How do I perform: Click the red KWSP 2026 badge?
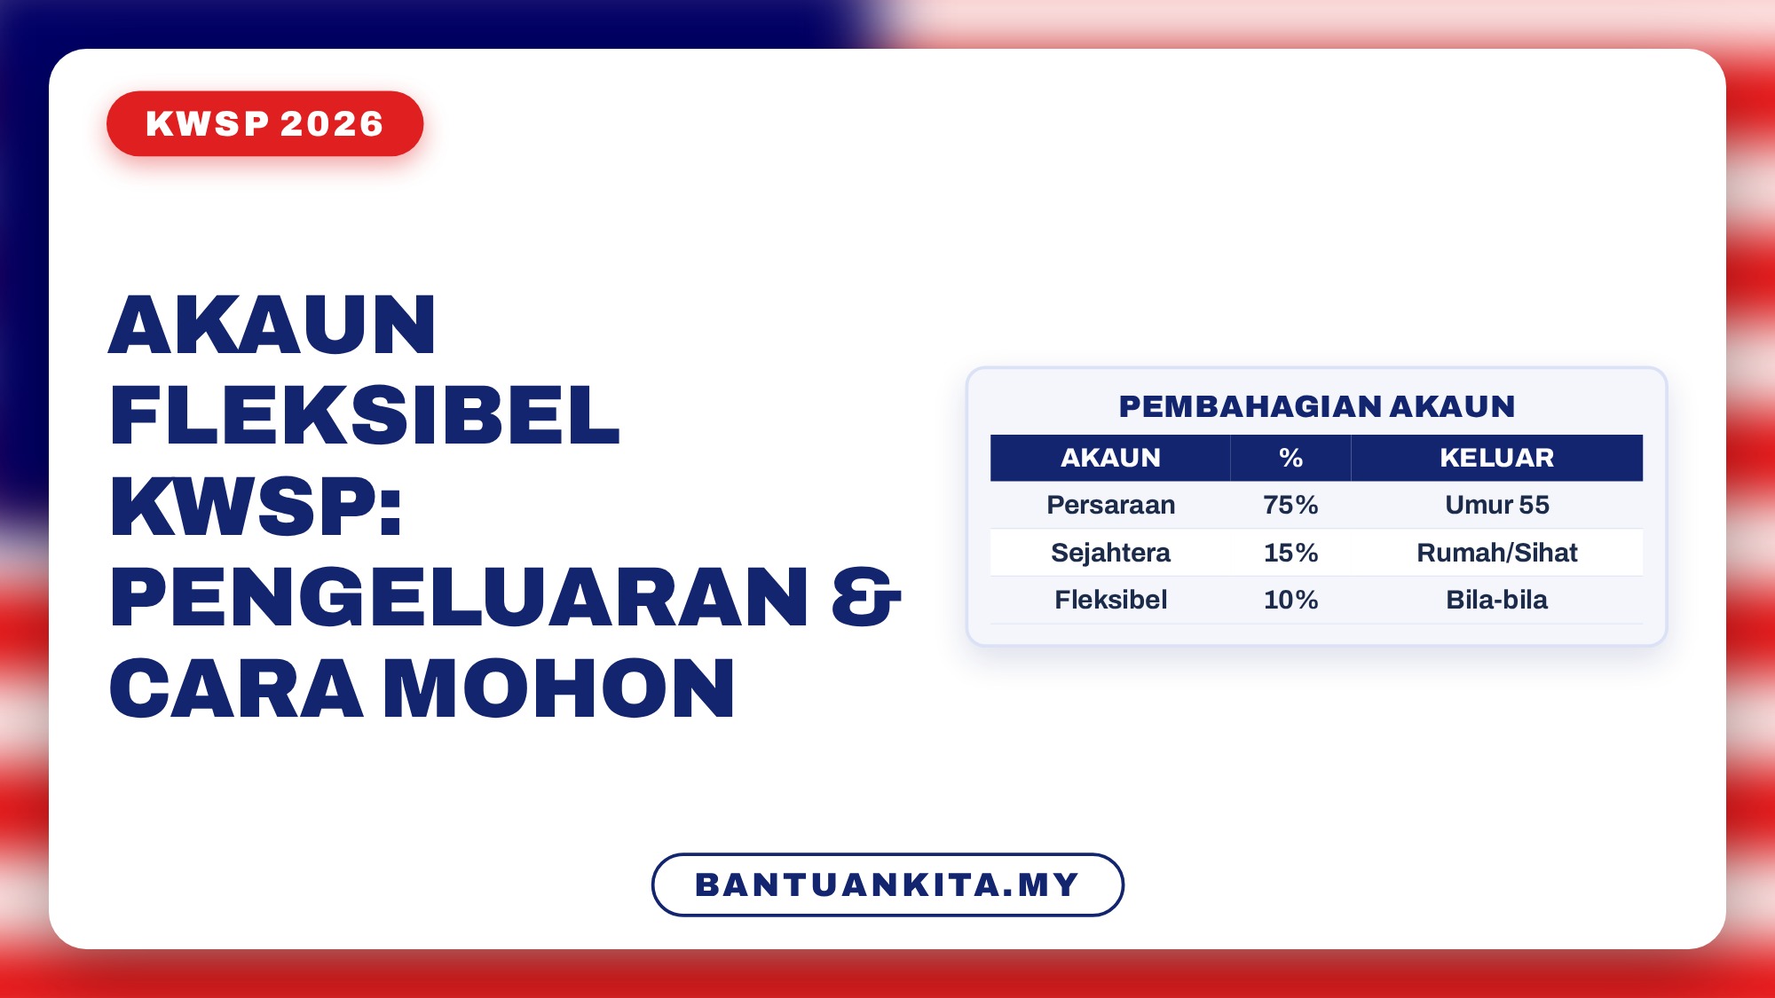point(264,123)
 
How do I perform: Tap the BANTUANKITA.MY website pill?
point(887,884)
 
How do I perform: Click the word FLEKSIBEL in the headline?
point(364,415)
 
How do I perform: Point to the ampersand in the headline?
point(866,597)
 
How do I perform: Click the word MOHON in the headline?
point(559,688)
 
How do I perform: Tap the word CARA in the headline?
point(236,688)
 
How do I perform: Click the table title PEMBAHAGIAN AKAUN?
point(1317,406)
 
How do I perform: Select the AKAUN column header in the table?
point(1110,458)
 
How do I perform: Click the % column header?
point(1290,458)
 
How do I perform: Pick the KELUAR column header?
point(1496,458)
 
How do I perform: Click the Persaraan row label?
point(1110,505)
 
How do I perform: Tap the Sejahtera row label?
point(1110,553)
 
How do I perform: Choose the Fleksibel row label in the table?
point(1110,600)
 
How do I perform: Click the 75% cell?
point(1290,505)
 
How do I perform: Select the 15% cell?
point(1290,553)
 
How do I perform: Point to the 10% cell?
point(1290,600)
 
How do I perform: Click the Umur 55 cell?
point(1496,505)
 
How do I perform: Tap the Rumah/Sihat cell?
point(1496,553)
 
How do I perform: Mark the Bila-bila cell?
point(1496,600)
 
